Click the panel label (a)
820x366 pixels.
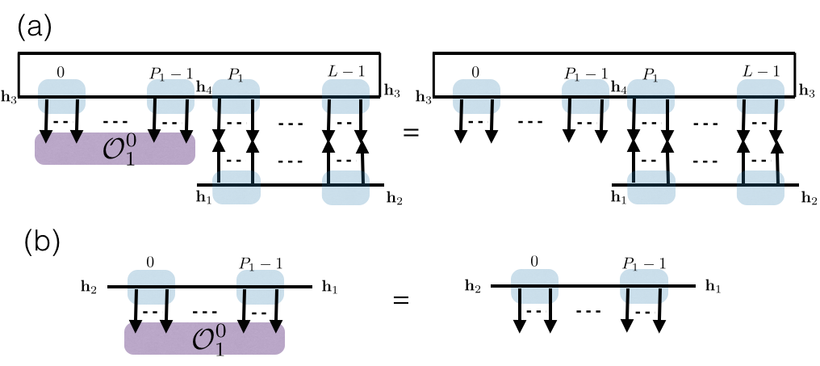click(x=34, y=28)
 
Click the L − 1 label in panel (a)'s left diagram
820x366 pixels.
click(x=345, y=72)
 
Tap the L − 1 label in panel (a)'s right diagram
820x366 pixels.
click(x=760, y=72)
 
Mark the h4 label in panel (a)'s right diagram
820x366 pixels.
click(x=619, y=86)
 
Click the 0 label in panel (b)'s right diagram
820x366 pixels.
click(x=533, y=262)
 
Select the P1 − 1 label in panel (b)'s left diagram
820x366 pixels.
click(x=260, y=262)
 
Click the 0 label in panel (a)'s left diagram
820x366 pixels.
click(x=61, y=72)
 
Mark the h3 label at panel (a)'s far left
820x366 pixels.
click(x=8, y=98)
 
